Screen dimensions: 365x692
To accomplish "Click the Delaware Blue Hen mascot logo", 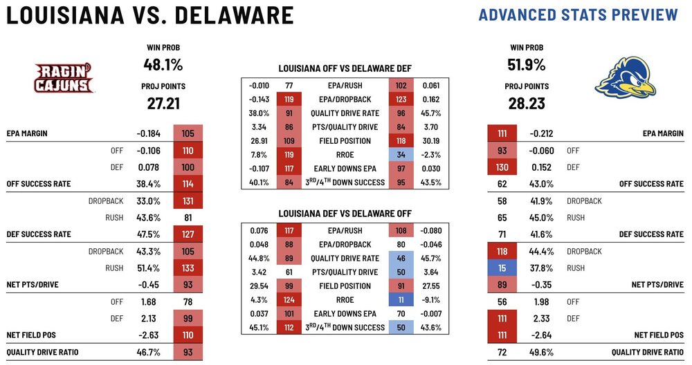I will (626, 79).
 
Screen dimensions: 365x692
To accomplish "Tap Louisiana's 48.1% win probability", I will (164, 65).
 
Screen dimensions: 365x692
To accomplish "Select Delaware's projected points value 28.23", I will (526, 103).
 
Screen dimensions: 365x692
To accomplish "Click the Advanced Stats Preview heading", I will (578, 15).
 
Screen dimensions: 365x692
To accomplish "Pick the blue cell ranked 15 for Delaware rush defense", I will (501, 268).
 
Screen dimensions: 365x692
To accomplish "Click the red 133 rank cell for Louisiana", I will (188, 268).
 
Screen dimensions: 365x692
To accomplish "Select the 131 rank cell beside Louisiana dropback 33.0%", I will (188, 200).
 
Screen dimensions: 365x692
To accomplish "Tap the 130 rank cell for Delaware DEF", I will (501, 167).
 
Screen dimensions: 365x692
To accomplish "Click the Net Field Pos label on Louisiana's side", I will (31, 335).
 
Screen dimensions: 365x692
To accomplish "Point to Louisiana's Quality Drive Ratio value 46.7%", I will (149, 351).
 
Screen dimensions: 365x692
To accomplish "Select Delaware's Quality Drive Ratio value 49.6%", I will (540, 351).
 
